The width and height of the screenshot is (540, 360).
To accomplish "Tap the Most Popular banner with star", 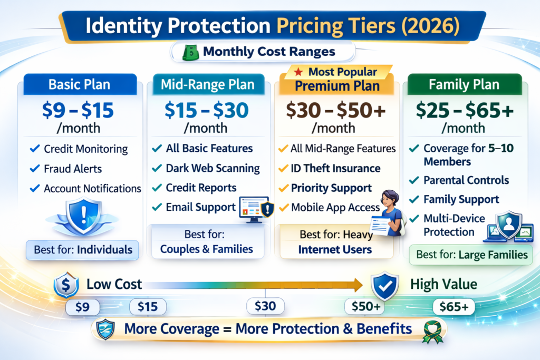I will (337, 72).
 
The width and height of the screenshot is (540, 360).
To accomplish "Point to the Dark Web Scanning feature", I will (213, 169).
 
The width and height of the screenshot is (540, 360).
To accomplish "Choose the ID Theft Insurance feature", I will (335, 169).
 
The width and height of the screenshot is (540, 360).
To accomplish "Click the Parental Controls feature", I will (466, 180).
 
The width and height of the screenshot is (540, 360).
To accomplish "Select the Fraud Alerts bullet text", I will (73, 169).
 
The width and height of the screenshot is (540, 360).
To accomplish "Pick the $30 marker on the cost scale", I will (265, 306).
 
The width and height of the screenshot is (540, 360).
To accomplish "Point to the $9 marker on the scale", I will (83, 307).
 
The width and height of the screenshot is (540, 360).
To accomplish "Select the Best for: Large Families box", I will (471, 255).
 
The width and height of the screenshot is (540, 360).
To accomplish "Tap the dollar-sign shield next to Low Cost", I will (65, 285).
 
